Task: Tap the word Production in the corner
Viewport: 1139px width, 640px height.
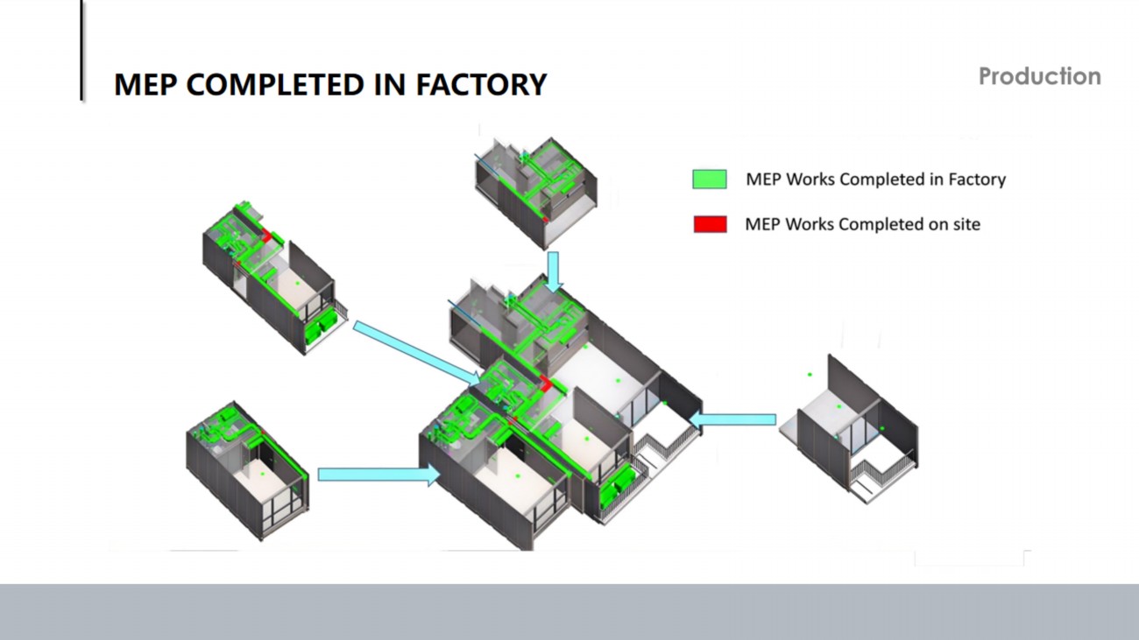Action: tap(1039, 77)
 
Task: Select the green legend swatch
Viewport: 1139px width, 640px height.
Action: tap(710, 179)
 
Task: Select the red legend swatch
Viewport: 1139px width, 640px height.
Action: tap(710, 224)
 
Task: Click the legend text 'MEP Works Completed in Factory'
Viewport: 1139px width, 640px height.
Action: tap(875, 179)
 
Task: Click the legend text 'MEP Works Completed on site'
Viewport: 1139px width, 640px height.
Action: tap(862, 224)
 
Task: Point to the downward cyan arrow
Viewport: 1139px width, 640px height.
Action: tap(553, 271)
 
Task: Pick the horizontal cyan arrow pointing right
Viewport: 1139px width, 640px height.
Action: tap(378, 475)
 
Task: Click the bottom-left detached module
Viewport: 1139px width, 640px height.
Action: tap(247, 468)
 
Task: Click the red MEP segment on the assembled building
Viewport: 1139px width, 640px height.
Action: tap(545, 383)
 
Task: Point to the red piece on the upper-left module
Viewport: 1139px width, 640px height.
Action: tap(264, 234)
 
